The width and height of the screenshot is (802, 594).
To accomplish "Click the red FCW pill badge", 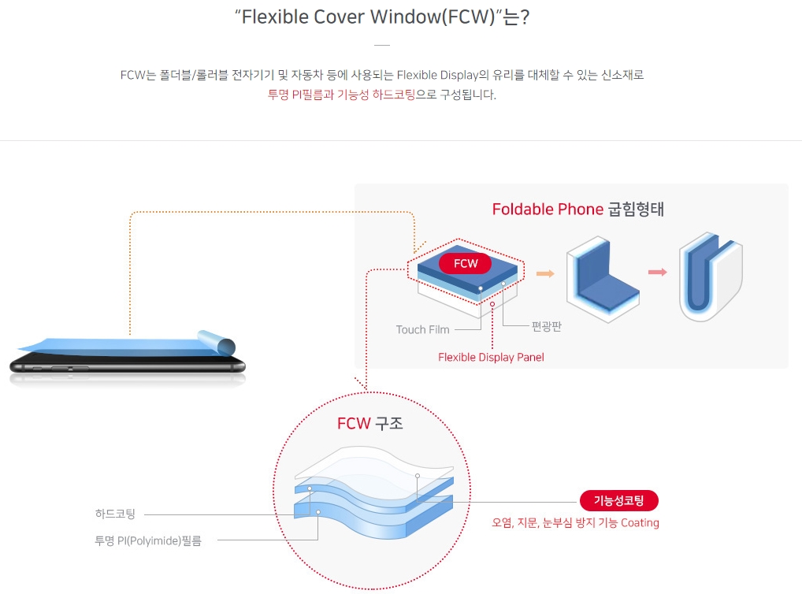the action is [x=465, y=263].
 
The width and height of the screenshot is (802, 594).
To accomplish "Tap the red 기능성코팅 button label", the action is [x=618, y=501].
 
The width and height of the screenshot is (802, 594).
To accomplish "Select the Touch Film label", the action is [x=422, y=329].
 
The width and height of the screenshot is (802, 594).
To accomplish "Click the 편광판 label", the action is [x=546, y=325].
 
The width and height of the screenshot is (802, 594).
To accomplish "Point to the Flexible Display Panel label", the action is [x=491, y=358].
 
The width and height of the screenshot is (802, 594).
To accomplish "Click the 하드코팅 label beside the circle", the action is [x=115, y=514].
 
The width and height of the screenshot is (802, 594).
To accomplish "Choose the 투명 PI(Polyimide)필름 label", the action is [x=147, y=540].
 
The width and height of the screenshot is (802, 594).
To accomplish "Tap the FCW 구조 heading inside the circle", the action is [x=369, y=423].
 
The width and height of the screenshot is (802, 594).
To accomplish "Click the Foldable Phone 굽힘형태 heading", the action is [x=577, y=210].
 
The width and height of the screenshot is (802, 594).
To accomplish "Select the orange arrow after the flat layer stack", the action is [x=544, y=273].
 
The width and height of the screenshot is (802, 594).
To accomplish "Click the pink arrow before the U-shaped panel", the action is [x=657, y=273].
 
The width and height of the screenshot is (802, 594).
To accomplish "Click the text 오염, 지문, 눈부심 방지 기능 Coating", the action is [x=575, y=522].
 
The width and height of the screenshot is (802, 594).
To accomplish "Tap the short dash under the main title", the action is [x=382, y=45].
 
